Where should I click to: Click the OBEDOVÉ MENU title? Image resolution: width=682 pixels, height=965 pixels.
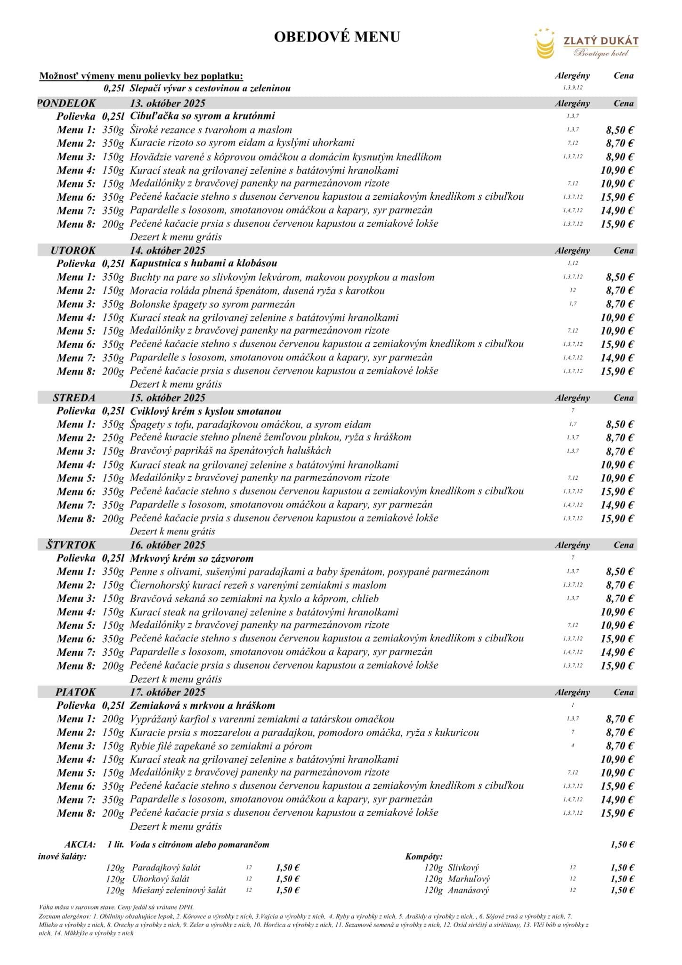point(337,37)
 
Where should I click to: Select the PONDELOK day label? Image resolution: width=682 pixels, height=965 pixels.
point(66,103)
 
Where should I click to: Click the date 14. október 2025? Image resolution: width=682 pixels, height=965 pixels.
point(168,251)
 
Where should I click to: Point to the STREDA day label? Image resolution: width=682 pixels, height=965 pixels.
point(74,398)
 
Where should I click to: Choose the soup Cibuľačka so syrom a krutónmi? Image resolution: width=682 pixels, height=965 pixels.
point(203,116)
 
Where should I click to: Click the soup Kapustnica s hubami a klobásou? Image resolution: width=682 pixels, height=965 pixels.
point(203,263)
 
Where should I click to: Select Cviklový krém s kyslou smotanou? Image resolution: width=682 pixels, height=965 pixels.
point(205,411)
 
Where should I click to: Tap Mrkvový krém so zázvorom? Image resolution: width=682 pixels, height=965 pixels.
point(192,558)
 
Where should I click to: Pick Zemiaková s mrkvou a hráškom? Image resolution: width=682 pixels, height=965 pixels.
point(203,706)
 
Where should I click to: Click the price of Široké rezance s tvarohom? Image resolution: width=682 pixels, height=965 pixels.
point(619,130)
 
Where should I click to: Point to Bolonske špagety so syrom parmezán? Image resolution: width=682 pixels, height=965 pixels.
point(212,304)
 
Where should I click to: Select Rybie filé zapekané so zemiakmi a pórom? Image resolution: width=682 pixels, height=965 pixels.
point(221,746)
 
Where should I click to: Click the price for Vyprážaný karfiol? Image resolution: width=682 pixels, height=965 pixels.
point(619,719)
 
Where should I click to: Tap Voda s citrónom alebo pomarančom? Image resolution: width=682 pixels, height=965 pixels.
point(200,845)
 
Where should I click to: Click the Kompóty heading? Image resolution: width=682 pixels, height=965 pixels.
point(424,857)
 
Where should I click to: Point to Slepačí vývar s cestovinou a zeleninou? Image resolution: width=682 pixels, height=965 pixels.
point(210,88)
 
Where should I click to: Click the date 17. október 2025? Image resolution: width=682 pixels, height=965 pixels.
point(168,692)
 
